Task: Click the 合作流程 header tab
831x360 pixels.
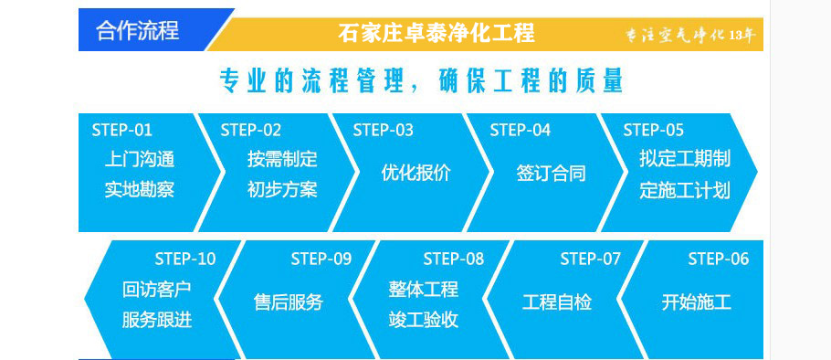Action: click(x=138, y=30)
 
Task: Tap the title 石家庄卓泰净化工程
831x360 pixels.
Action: click(x=436, y=33)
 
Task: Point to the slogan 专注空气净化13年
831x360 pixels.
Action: click(x=689, y=36)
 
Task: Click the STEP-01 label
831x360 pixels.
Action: click(x=122, y=130)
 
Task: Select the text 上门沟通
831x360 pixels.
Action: click(x=139, y=159)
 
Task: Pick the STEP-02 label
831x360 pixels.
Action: click(x=251, y=130)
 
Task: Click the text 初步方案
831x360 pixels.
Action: click(x=282, y=190)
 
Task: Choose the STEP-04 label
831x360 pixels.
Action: click(x=521, y=130)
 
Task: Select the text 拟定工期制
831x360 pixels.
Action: click(x=685, y=159)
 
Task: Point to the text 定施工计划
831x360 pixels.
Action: click(x=685, y=190)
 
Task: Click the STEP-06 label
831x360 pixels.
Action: click(x=719, y=259)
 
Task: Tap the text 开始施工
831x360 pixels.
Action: click(x=696, y=302)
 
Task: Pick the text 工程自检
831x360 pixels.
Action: click(x=557, y=302)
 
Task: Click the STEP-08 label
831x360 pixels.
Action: click(x=454, y=259)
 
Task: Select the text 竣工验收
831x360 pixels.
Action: click(x=424, y=320)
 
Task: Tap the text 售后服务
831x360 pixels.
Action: click(x=289, y=302)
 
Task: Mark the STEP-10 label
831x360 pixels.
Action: click(x=185, y=259)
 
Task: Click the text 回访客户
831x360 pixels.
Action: click(x=157, y=290)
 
